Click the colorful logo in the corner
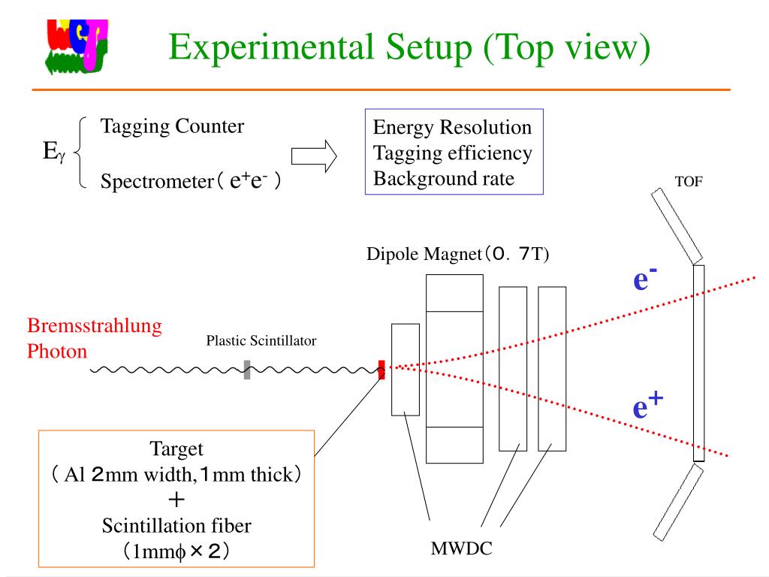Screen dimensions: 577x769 tap(76, 47)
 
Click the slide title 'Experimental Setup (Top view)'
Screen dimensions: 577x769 tap(409, 47)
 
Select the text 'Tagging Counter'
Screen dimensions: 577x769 tap(172, 126)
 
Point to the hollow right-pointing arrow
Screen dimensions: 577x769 tap(313, 156)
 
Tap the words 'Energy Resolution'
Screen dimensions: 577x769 tap(452, 128)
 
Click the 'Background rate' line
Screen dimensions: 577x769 tap(444, 179)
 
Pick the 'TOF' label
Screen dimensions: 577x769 tap(689, 182)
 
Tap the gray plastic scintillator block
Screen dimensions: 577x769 tap(247, 370)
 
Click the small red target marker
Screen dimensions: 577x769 tap(381, 370)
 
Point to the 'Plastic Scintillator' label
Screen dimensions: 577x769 tap(261, 341)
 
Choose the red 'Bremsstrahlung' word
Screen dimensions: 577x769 tap(95, 326)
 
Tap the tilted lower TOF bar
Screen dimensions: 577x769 tap(677, 501)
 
